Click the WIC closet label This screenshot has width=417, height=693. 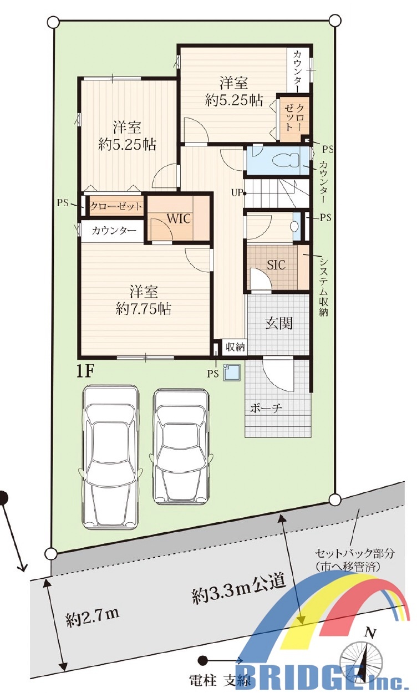(179, 218)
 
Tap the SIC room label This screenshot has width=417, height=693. (276, 264)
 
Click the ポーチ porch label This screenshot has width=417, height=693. (266, 408)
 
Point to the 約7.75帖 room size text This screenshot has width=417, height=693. (144, 308)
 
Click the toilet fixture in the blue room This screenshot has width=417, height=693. (285, 160)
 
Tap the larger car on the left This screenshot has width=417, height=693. (110, 456)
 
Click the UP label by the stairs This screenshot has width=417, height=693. (236, 193)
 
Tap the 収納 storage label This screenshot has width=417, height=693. (235, 347)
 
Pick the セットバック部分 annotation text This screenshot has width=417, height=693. (354, 553)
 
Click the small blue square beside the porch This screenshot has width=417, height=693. (232, 372)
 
